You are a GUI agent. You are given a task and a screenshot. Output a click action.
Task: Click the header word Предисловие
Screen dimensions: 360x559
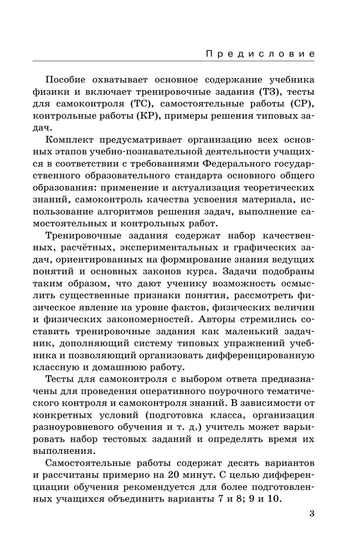click(x=261, y=54)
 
